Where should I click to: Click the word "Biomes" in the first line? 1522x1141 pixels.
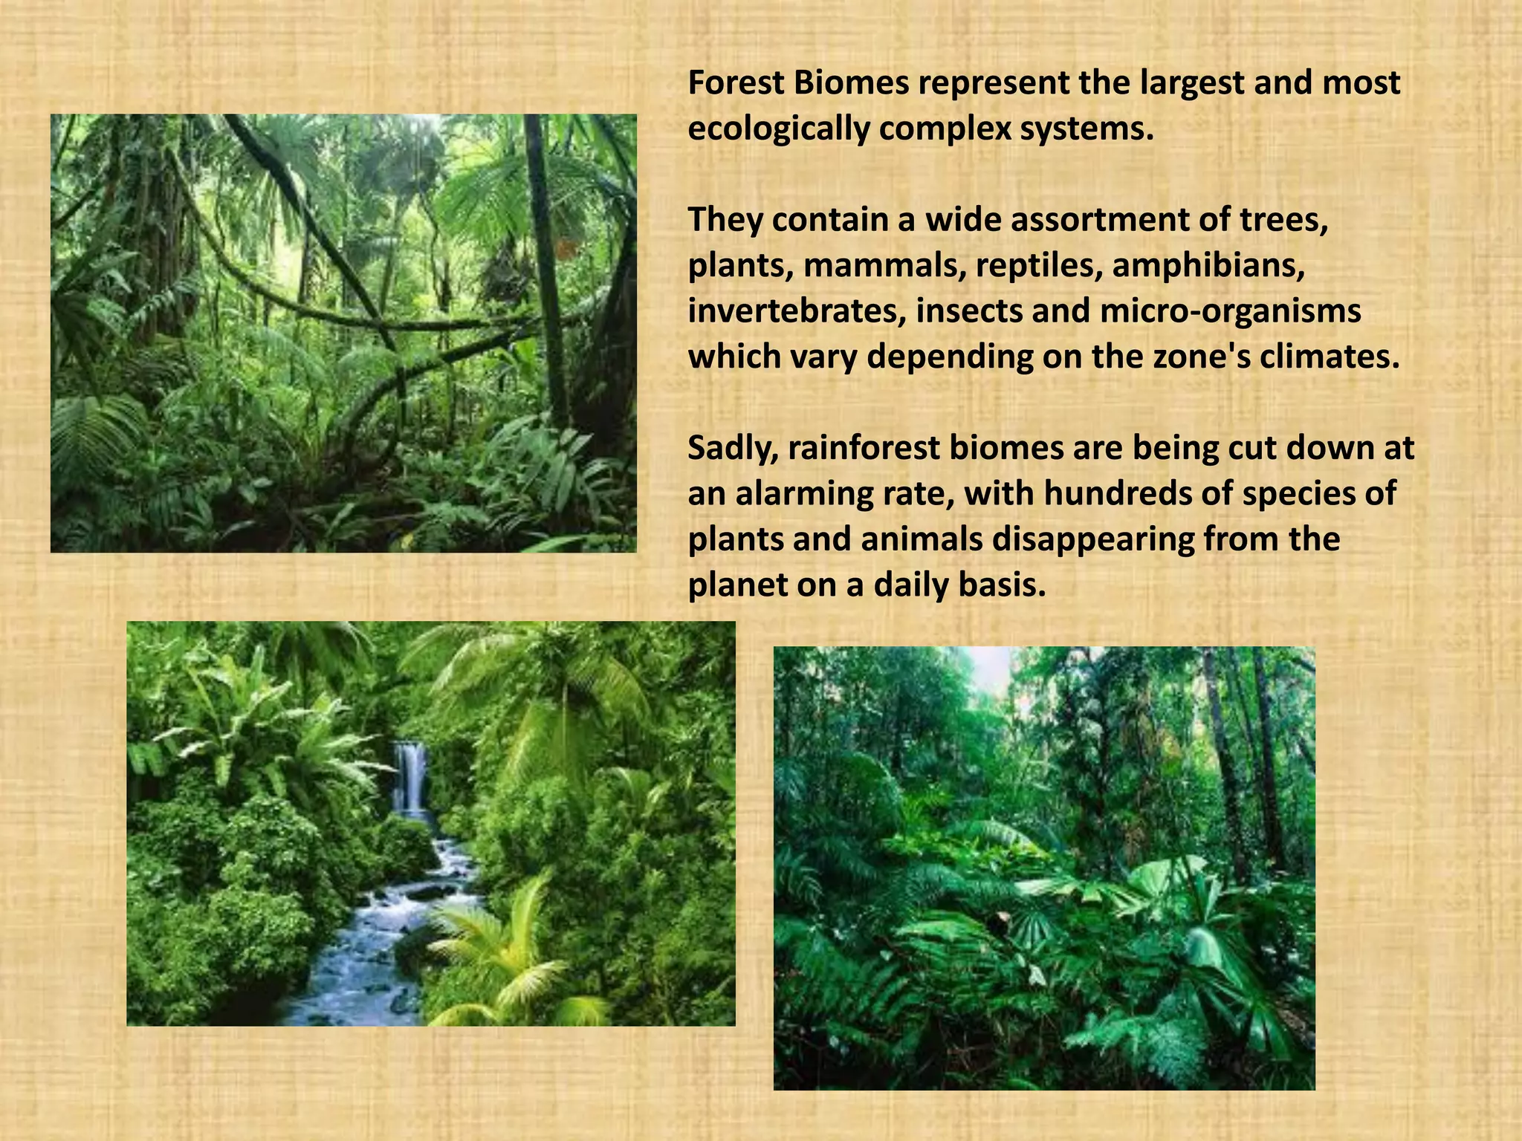pyautogui.click(x=851, y=83)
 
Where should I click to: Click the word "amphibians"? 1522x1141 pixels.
pyautogui.click(x=1208, y=266)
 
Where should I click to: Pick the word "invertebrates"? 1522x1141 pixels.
pyautogui.click(x=795, y=312)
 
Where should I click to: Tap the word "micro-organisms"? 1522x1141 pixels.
pyautogui.click(x=1230, y=312)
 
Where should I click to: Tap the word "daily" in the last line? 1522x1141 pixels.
pyautogui.click(x=915, y=585)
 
